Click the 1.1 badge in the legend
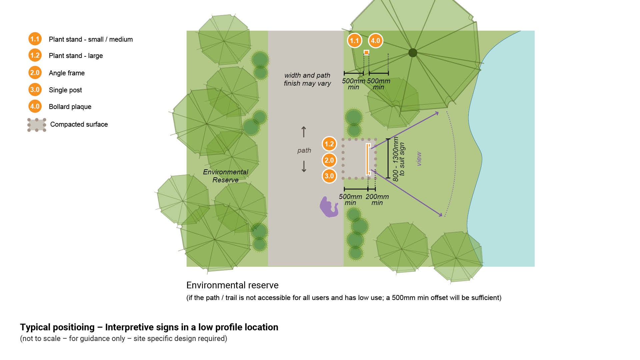(x=35, y=39)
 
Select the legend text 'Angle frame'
(x=67, y=73)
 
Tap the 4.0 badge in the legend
(x=35, y=106)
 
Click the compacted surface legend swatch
(x=37, y=125)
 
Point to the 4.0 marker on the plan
(x=375, y=41)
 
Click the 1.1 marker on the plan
(x=354, y=41)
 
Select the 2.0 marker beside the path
(x=329, y=160)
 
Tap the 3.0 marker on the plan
(x=329, y=176)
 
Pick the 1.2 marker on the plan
(x=329, y=144)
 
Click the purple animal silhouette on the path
(x=329, y=207)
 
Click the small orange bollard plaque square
(x=366, y=52)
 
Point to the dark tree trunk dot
(x=413, y=52)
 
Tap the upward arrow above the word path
(x=304, y=132)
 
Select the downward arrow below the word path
(x=304, y=166)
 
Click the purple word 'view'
(x=419, y=159)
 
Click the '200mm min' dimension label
(x=377, y=199)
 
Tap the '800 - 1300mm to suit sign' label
(x=398, y=159)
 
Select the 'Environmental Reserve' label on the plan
(x=226, y=176)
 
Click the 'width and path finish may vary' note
(x=307, y=79)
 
